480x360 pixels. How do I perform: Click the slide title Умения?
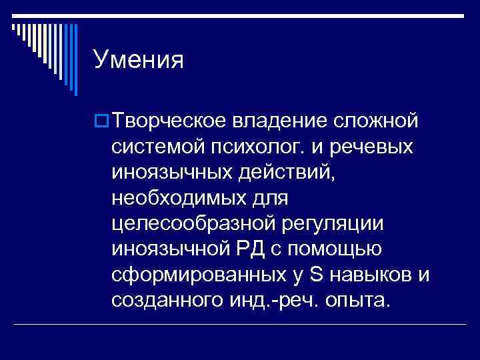(x=139, y=61)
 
